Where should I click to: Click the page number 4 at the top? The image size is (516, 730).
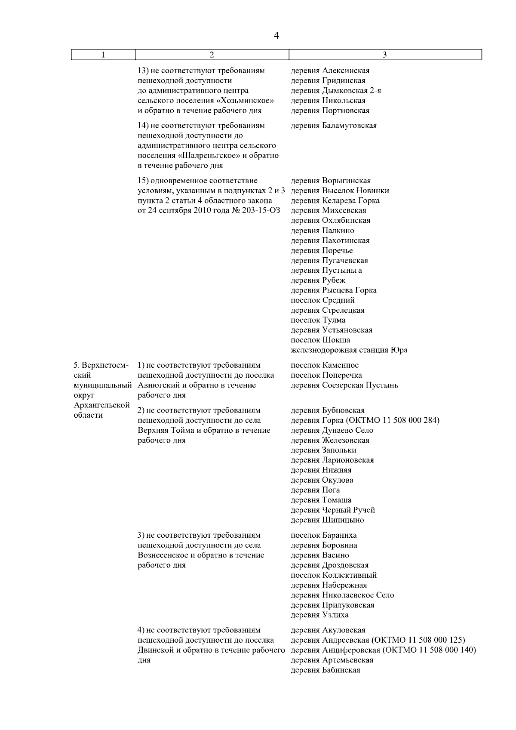click(x=276, y=36)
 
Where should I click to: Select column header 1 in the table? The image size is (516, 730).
click(x=103, y=55)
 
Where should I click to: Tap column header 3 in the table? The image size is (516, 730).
click(x=385, y=55)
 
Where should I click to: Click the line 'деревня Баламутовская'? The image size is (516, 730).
click(x=334, y=126)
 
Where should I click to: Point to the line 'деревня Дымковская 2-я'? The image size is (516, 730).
click(x=336, y=91)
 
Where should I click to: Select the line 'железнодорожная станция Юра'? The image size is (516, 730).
click(x=349, y=350)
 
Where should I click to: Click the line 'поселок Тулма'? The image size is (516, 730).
click(x=318, y=320)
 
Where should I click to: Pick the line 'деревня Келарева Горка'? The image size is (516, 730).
click(x=335, y=200)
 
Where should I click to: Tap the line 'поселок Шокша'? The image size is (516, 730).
click(x=320, y=340)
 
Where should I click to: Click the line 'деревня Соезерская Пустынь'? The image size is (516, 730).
click(x=344, y=385)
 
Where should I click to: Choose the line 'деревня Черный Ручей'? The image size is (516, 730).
click(x=333, y=510)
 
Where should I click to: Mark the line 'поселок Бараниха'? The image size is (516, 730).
click(x=324, y=535)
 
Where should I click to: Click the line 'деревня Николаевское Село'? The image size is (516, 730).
click(x=342, y=595)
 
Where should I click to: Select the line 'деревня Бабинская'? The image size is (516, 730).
click(x=326, y=670)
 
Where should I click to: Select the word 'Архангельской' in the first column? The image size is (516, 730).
click(x=102, y=405)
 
